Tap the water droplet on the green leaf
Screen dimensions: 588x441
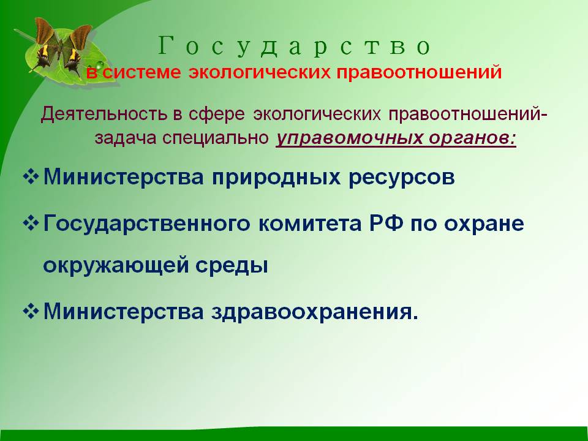tap(100, 66)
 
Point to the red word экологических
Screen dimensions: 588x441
tap(260, 72)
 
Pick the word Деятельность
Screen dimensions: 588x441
tap(104, 114)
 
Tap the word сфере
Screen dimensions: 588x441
tap(217, 114)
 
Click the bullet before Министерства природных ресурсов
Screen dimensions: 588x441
tap(31, 176)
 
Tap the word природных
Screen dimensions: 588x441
tap(276, 178)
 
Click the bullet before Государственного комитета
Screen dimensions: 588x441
tap(31, 223)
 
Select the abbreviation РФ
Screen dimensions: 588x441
tap(386, 224)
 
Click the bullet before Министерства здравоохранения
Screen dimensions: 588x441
tap(31, 311)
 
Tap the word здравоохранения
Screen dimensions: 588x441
tap(315, 312)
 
